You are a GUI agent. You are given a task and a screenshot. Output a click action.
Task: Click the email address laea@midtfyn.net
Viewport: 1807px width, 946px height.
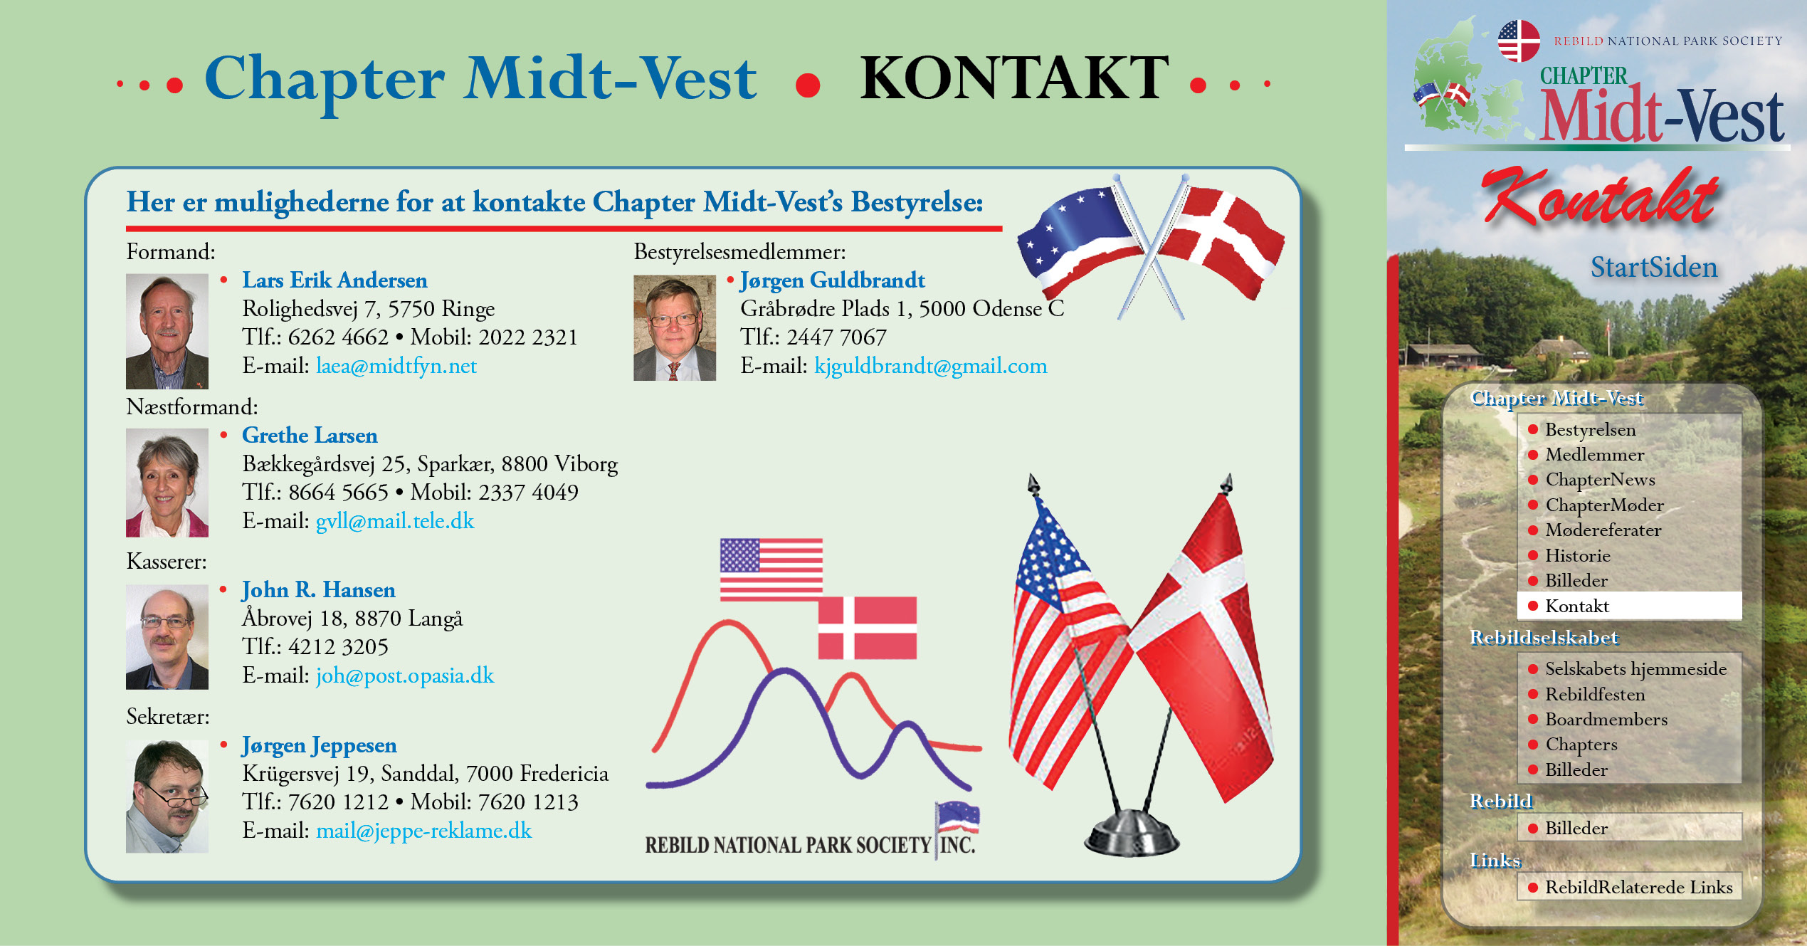click(x=396, y=366)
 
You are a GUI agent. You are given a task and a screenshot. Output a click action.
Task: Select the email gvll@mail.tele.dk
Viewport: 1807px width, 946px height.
click(x=395, y=521)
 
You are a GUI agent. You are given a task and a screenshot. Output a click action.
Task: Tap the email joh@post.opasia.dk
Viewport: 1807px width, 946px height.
click(x=405, y=676)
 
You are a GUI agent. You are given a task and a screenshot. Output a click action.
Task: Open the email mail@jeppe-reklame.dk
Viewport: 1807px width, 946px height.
click(x=424, y=831)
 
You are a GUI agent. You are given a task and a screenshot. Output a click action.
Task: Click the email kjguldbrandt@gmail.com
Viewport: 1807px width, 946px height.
click(x=931, y=366)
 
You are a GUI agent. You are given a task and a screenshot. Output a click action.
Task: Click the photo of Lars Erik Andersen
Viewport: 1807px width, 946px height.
click(x=167, y=331)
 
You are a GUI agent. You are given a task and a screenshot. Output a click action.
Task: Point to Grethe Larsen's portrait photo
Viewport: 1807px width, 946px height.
click(x=167, y=483)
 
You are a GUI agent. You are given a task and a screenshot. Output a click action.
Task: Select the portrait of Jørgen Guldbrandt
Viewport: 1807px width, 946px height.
click(x=675, y=328)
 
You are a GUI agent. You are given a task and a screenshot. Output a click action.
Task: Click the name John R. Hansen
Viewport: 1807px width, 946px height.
click(x=319, y=590)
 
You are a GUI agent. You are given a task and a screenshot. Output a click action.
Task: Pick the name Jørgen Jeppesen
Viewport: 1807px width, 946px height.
click(x=320, y=745)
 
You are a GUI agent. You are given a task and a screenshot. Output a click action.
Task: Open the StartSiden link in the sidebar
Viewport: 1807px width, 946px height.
click(x=1654, y=268)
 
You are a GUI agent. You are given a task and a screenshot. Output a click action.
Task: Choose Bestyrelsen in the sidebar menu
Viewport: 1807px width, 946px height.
click(x=1591, y=430)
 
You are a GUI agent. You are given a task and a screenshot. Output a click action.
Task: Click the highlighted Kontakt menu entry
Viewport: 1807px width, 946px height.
click(x=1577, y=606)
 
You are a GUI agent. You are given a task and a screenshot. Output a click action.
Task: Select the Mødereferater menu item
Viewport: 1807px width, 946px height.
click(x=1603, y=530)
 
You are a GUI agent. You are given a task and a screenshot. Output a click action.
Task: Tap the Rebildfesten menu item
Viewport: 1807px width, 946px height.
click(x=1595, y=694)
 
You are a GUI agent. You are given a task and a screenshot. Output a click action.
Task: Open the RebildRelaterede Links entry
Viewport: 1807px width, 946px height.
click(x=1639, y=888)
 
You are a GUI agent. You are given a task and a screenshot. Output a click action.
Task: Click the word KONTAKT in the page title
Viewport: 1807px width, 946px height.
click(x=1014, y=78)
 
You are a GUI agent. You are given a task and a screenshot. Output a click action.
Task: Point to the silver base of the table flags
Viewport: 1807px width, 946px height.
click(x=1132, y=833)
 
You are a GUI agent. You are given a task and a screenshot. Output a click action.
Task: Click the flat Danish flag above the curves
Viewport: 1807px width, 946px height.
click(x=867, y=628)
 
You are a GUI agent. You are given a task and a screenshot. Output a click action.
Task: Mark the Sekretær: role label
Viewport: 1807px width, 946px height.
click(x=168, y=717)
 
